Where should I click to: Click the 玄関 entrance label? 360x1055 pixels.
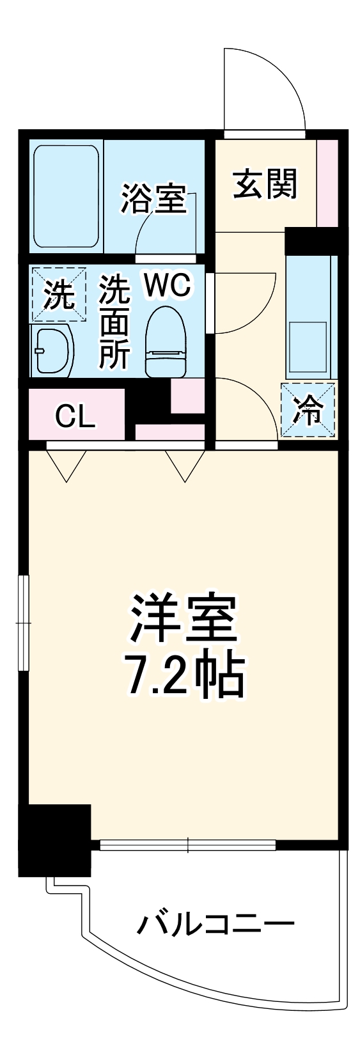265,185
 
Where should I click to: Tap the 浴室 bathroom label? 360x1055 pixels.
153,199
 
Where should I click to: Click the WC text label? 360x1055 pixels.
167,286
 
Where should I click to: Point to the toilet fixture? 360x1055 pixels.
165,341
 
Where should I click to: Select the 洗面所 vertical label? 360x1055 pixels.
114,322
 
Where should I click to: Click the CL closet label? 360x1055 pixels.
75,417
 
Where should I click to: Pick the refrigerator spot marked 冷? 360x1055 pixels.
308,410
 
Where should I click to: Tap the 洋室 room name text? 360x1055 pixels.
184,619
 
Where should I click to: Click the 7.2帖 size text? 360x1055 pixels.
185,675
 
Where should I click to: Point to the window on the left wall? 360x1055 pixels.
24,622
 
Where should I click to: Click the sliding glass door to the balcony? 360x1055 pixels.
187,845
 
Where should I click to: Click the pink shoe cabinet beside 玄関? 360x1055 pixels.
327,182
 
